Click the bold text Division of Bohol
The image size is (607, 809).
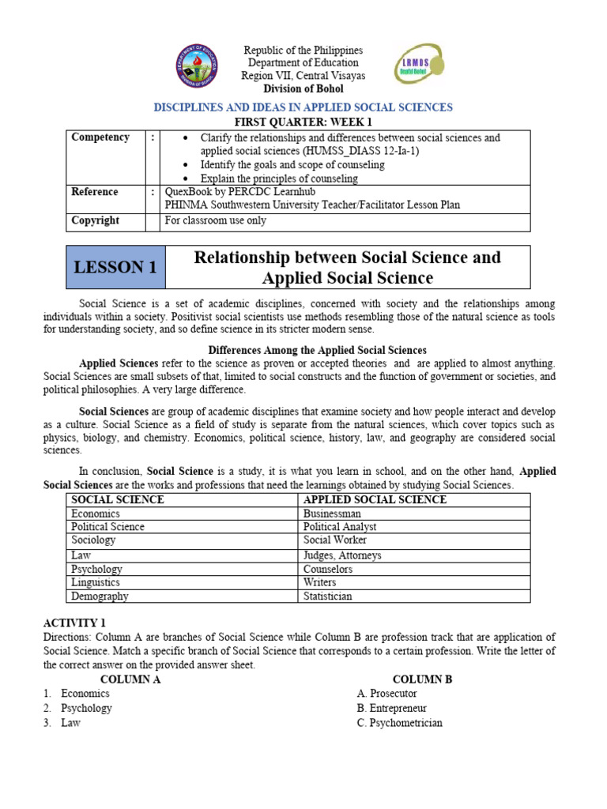pos(303,88)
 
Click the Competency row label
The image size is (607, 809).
pos(100,137)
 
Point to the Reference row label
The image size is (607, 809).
pos(95,192)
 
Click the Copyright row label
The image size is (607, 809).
pos(96,220)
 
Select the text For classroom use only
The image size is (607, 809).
pos(215,220)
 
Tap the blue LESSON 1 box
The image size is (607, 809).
pos(115,268)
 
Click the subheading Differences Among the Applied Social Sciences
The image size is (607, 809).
pos(317,350)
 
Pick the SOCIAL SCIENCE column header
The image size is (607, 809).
pos(118,500)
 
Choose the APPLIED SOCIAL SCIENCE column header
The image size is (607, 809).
pos(375,500)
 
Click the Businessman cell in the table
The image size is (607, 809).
pos(332,514)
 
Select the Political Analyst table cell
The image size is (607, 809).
pos(340,527)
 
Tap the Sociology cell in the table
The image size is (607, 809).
pos(93,540)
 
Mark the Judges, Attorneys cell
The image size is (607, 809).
pos(342,555)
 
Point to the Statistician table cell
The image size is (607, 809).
pos(328,596)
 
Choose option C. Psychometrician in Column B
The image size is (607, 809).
pos(399,723)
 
